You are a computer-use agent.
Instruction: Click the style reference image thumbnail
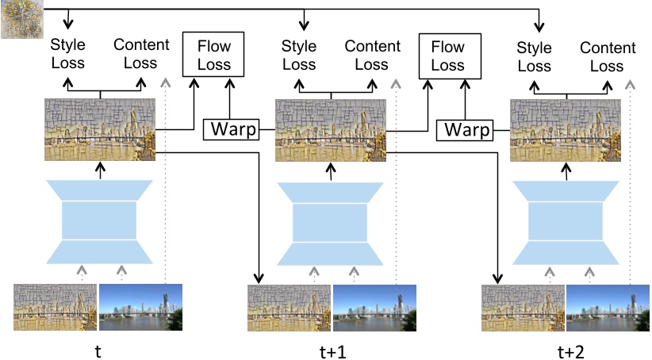point(21,19)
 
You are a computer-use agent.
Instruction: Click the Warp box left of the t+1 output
point(232,128)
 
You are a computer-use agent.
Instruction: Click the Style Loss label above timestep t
point(67,54)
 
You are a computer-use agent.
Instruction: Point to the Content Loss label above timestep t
point(140,54)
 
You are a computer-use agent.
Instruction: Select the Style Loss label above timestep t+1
point(300,54)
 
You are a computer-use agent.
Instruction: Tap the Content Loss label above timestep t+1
point(373,54)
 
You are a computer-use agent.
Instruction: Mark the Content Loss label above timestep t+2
point(608,56)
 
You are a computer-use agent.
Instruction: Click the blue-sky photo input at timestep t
point(140,307)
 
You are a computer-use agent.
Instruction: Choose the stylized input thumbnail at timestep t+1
point(289,307)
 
